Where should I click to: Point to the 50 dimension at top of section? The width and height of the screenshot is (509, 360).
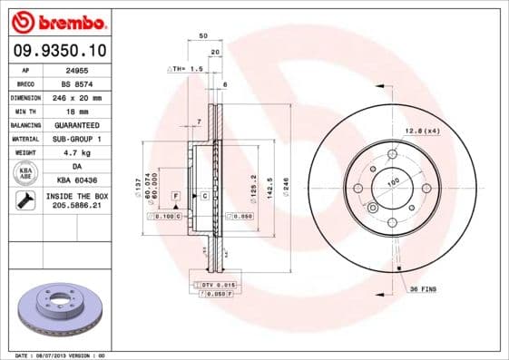tap(202, 37)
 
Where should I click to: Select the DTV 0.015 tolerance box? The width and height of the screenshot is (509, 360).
tap(213, 285)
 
